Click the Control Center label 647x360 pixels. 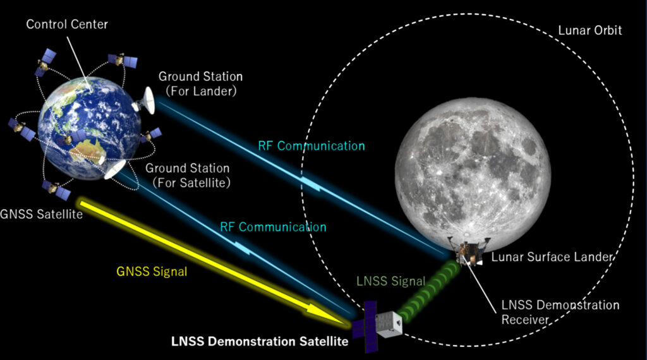67,25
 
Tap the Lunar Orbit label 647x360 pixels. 590,30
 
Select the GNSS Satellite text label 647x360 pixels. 41,215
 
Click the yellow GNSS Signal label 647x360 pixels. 152,272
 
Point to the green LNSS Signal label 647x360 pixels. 390,281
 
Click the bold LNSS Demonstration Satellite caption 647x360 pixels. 260,342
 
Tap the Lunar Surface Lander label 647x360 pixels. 552,257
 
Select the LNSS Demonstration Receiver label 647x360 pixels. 560,312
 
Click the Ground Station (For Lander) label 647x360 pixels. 200,84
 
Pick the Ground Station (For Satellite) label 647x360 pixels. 188,175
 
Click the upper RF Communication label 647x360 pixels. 311,145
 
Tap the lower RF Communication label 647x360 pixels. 273,227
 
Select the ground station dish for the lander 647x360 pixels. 145,100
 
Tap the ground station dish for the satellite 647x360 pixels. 114,169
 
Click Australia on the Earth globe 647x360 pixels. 87,150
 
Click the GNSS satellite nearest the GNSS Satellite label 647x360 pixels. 56,190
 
